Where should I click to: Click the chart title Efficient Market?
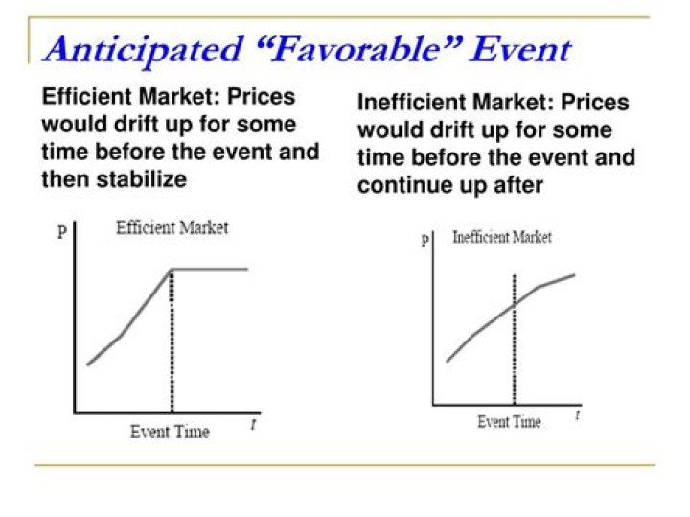tap(172, 227)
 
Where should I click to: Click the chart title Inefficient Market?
tap(502, 237)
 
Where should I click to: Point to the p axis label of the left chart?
tap(62, 230)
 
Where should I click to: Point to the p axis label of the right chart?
tap(425, 239)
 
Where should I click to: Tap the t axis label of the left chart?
tap(253, 424)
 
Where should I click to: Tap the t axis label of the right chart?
tap(577, 414)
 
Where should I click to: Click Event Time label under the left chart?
tap(170, 432)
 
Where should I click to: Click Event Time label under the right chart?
tap(509, 421)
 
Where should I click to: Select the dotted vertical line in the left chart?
tap(172, 341)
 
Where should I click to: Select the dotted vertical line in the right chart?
tap(515, 340)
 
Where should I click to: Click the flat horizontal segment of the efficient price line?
tap(210, 270)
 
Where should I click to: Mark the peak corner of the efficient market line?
tap(172, 270)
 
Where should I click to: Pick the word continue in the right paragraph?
tap(405, 185)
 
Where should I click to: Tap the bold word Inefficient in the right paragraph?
tap(411, 103)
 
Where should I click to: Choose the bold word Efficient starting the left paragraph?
tap(86, 97)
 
